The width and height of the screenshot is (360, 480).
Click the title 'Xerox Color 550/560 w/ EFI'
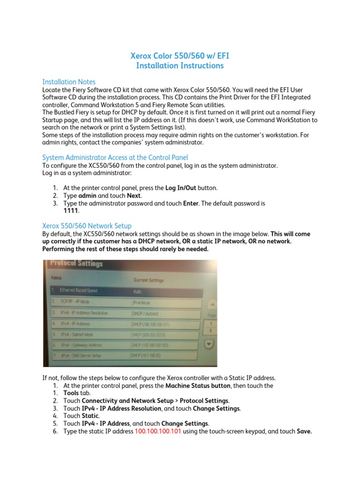[x=180, y=56]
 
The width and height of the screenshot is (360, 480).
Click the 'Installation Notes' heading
[x=69, y=82]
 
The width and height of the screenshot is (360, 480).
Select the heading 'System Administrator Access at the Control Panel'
[x=115, y=157]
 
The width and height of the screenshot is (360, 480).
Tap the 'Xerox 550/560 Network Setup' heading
[x=87, y=225]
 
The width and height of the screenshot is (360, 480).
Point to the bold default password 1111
[x=71, y=211]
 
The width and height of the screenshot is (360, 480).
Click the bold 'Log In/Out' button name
[x=180, y=187]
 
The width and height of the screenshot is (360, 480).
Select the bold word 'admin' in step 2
[x=88, y=195]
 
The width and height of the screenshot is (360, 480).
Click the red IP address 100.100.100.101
[x=158, y=431]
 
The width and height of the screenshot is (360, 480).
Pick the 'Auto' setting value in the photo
[x=137, y=291]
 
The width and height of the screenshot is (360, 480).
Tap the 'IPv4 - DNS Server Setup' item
[x=82, y=356]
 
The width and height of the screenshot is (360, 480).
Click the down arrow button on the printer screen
[x=210, y=344]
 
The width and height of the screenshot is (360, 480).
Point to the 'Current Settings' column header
[x=149, y=280]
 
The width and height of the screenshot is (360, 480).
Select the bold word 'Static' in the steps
[x=90, y=416]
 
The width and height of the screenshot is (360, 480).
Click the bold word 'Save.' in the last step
[x=304, y=431]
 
